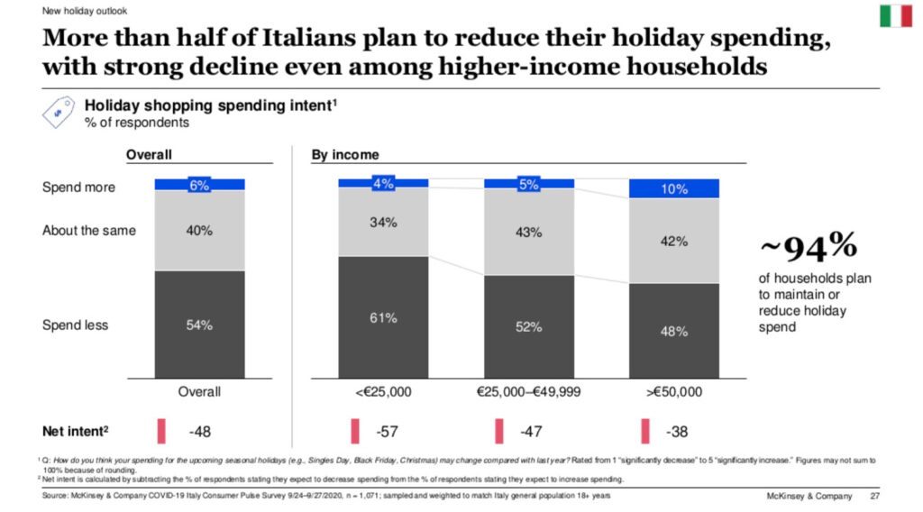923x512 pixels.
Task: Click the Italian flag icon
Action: tap(895, 15)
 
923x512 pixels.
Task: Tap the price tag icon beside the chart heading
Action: tap(61, 113)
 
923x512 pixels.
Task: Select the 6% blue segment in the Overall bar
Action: tap(199, 184)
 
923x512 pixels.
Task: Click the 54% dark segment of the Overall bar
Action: tap(199, 325)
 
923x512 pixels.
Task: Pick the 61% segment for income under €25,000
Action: tap(383, 317)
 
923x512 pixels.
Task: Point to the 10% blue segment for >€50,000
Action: tap(673, 188)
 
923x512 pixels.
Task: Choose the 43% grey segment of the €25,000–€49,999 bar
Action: tap(528, 232)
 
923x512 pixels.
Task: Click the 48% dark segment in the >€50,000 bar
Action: tap(673, 331)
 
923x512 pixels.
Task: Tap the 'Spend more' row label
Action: tap(79, 187)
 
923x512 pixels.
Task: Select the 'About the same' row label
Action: tap(89, 230)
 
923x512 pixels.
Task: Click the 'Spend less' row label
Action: tap(76, 325)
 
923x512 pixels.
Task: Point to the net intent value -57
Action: tap(388, 432)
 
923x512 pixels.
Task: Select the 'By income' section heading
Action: tap(345, 155)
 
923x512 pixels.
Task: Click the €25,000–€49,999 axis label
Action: tap(528, 391)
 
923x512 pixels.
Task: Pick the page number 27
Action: tap(874, 497)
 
